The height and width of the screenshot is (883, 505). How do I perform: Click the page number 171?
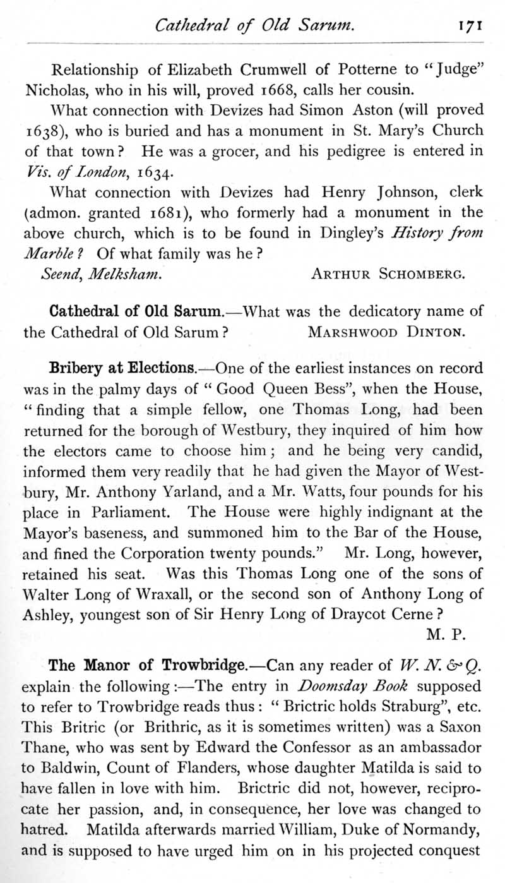click(470, 26)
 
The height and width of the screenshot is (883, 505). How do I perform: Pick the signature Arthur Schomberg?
click(389, 274)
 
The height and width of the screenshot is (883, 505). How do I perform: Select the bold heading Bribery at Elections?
click(122, 368)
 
